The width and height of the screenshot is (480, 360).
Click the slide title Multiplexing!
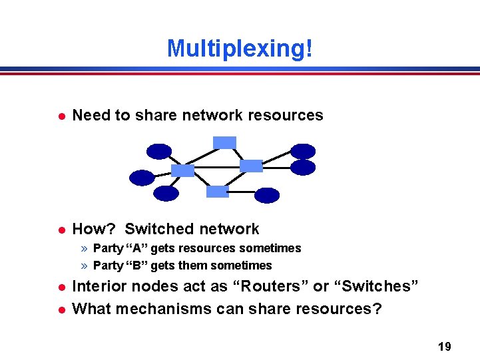pyautogui.click(x=240, y=48)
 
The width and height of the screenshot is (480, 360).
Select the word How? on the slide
pyautogui.click(x=94, y=229)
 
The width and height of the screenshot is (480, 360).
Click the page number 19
pyautogui.click(x=445, y=346)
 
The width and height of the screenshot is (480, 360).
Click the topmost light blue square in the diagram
pyautogui.click(x=224, y=142)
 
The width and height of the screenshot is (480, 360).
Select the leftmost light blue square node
pyautogui.click(x=182, y=170)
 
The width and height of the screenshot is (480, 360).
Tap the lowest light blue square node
pyautogui.click(x=217, y=192)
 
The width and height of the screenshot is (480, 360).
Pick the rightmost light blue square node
pyautogui.click(x=251, y=166)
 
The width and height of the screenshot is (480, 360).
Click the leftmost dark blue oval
pyautogui.click(x=142, y=178)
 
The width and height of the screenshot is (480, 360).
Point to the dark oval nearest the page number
pyautogui.click(x=267, y=195)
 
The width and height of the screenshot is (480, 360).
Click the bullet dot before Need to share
pyautogui.click(x=61, y=116)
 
